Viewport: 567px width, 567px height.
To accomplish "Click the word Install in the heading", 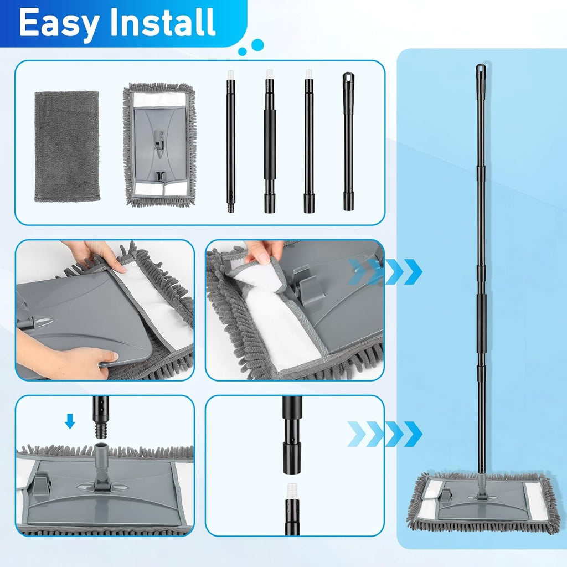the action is pyautogui.click(x=163, y=22).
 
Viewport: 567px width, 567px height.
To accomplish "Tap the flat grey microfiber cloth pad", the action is pyautogui.click(x=67, y=146).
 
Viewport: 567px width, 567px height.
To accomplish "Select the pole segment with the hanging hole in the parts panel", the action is pyautogui.click(x=348, y=141).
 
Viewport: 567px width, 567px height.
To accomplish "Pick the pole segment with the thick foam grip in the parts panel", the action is pyautogui.click(x=270, y=141).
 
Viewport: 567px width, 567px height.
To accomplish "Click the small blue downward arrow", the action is pyautogui.click(x=70, y=421).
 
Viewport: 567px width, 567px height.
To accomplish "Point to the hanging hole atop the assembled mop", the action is pyautogui.click(x=481, y=68).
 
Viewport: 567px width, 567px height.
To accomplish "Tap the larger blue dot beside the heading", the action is pyautogui.click(x=257, y=45).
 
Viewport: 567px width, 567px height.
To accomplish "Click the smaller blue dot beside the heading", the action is pyautogui.click(x=243, y=51).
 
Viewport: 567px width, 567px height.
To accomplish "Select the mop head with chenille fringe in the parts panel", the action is pyautogui.click(x=160, y=145).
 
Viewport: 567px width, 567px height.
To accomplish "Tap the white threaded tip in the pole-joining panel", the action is pyautogui.click(x=291, y=491).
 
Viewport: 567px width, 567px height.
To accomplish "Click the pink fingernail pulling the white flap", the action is pyautogui.click(x=265, y=257).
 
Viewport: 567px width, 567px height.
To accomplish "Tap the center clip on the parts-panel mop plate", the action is pyautogui.click(x=159, y=141).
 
